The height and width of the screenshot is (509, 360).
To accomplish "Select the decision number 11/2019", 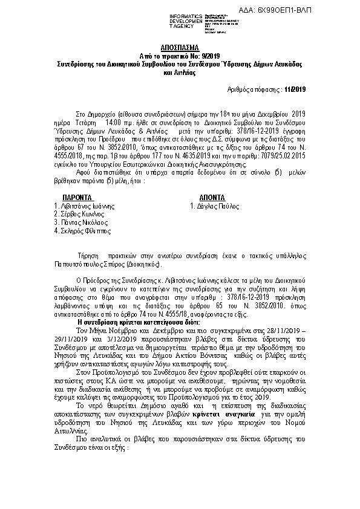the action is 296,89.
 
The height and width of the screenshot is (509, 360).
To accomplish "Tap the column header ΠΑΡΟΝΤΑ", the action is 77,198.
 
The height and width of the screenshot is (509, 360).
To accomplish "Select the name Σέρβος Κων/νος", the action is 79,214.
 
